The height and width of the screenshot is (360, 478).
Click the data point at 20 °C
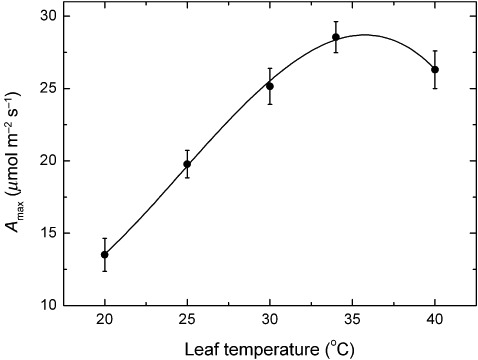(x=105, y=254)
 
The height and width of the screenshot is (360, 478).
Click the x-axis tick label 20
(x=105, y=320)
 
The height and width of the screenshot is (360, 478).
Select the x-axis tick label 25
(x=187, y=320)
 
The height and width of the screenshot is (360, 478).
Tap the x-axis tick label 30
(x=270, y=320)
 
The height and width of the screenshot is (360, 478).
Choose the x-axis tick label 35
(x=352, y=320)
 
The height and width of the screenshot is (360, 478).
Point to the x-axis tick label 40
(x=435, y=320)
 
